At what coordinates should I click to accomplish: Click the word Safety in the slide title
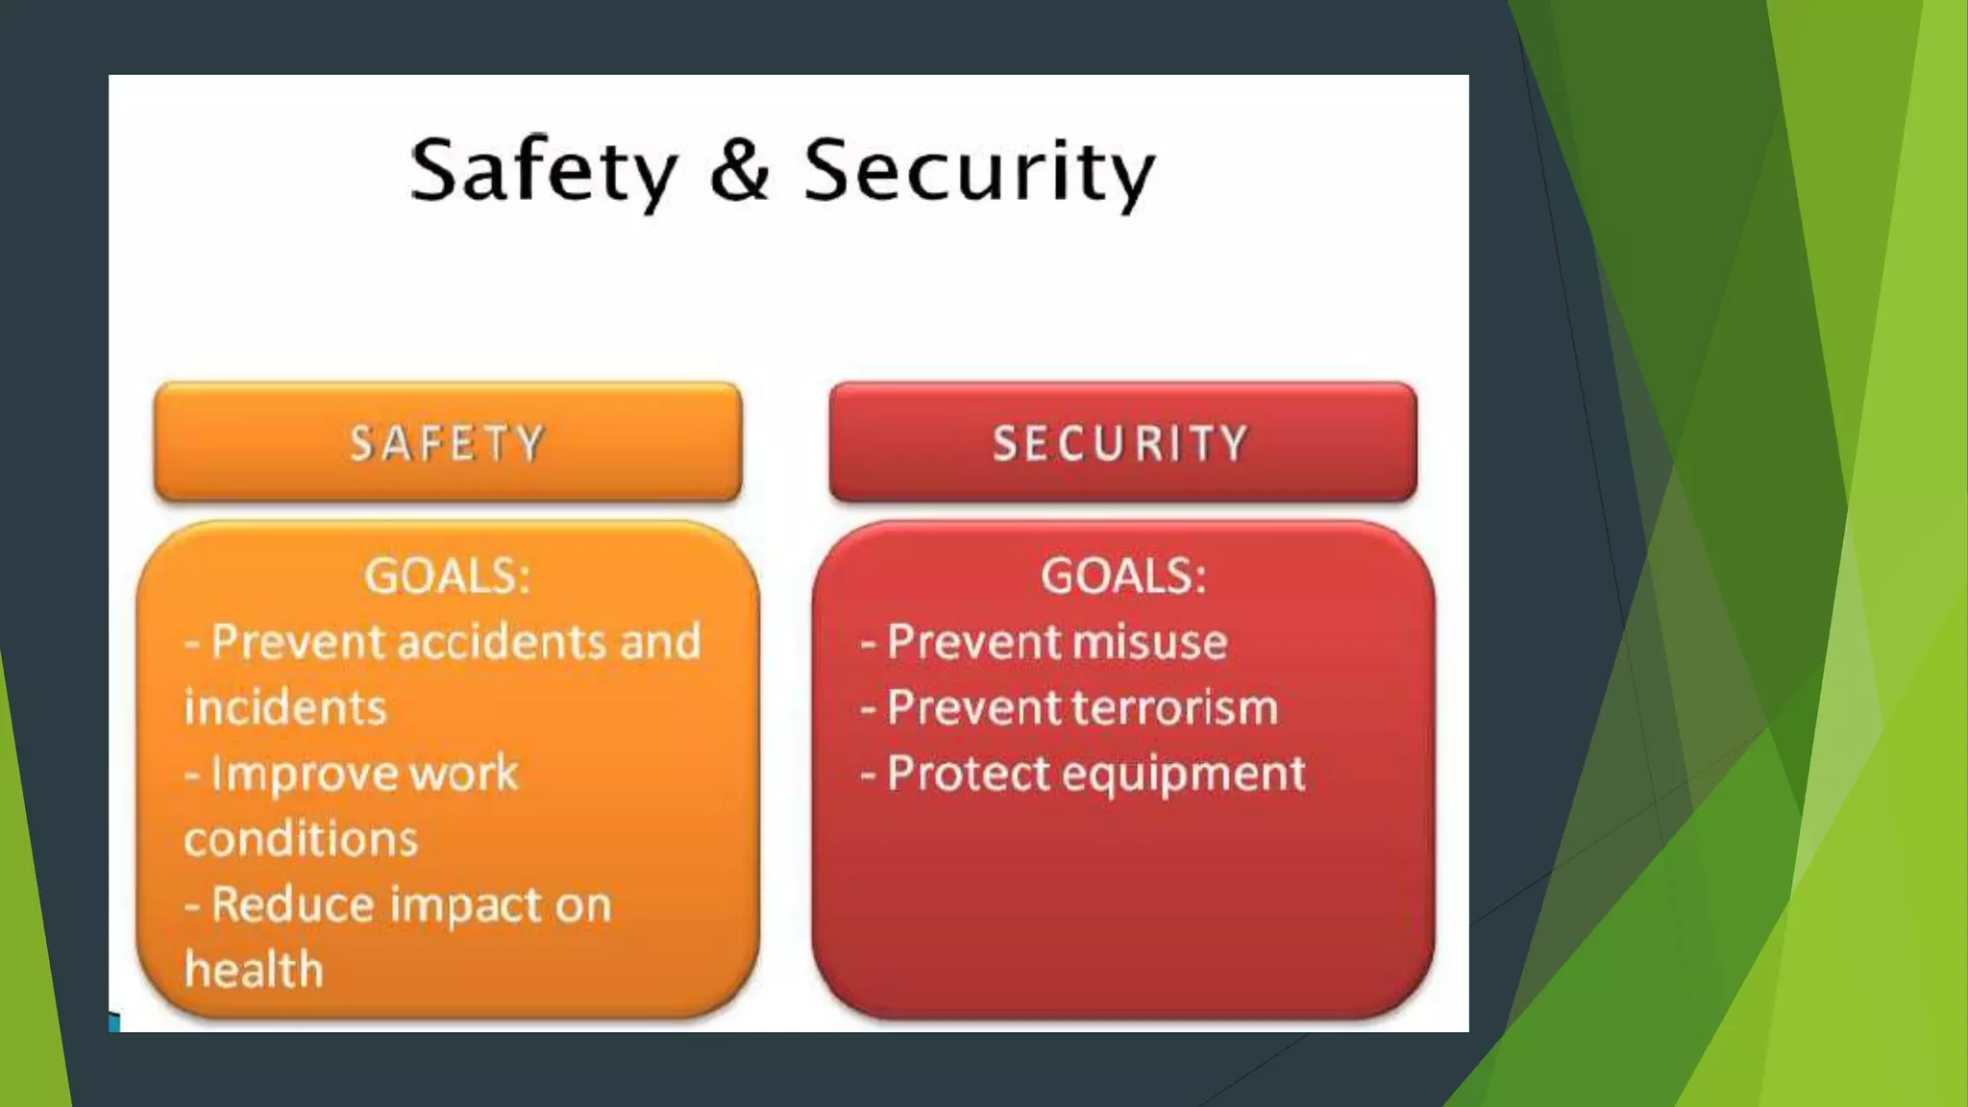[x=544, y=170]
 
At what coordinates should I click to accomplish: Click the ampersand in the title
[x=740, y=170]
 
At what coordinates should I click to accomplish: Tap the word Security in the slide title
[x=978, y=170]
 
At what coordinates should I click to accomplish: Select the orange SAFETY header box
[x=448, y=442]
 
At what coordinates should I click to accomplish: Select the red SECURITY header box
[x=1122, y=442]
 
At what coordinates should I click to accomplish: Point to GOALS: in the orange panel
[x=447, y=577]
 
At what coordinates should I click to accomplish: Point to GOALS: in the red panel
[x=1123, y=577]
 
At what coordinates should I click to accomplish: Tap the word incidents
[x=285, y=708]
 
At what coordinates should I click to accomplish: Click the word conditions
[x=301, y=839]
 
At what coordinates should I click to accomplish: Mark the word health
[x=254, y=970]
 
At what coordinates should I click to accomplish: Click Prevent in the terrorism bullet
[x=971, y=708]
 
